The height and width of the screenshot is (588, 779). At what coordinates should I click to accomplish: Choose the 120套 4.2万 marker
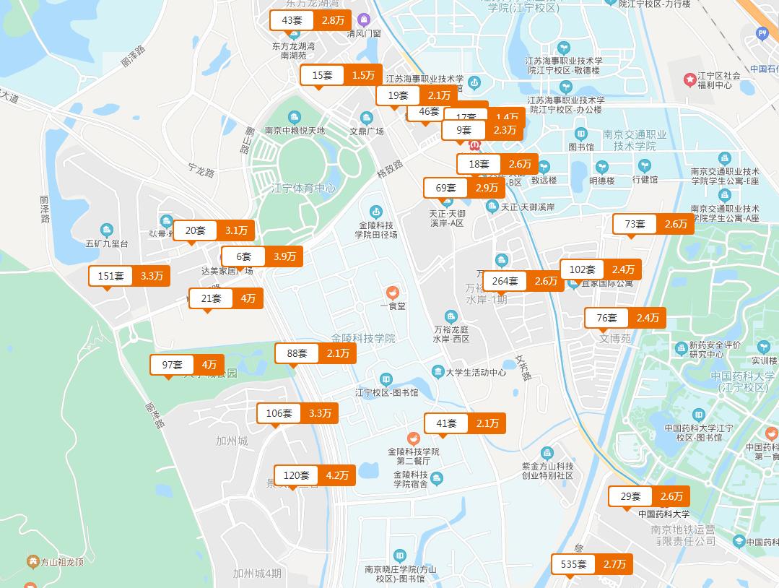click(x=315, y=475)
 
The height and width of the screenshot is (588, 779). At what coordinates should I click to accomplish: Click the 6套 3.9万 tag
click(x=261, y=256)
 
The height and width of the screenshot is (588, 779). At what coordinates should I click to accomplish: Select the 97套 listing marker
click(x=188, y=365)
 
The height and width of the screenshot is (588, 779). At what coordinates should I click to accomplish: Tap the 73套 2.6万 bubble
click(x=653, y=224)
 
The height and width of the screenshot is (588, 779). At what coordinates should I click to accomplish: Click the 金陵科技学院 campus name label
click(x=363, y=338)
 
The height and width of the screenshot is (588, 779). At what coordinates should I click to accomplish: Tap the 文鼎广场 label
click(x=367, y=131)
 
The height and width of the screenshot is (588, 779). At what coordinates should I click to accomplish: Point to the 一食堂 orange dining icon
click(x=392, y=293)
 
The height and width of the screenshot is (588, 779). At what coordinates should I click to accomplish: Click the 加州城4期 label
click(x=257, y=574)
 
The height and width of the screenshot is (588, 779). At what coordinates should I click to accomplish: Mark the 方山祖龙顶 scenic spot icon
click(x=32, y=561)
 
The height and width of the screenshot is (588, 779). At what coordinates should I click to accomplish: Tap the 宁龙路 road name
click(x=201, y=173)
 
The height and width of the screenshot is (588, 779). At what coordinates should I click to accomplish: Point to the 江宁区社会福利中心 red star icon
click(x=691, y=77)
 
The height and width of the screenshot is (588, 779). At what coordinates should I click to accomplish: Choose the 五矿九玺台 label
click(x=107, y=244)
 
